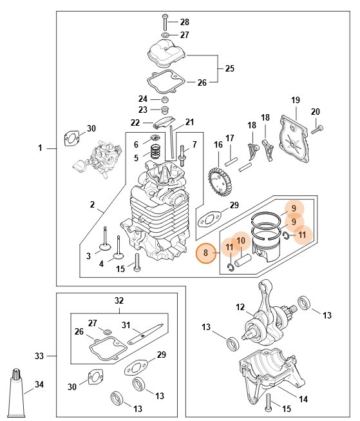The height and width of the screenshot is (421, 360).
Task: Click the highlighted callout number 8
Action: click(x=205, y=253)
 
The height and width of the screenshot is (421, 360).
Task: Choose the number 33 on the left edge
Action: click(x=39, y=355)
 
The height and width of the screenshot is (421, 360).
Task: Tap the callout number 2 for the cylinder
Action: click(x=92, y=206)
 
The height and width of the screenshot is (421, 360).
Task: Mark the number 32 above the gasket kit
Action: click(x=118, y=300)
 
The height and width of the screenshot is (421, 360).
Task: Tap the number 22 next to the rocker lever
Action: click(x=135, y=122)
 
